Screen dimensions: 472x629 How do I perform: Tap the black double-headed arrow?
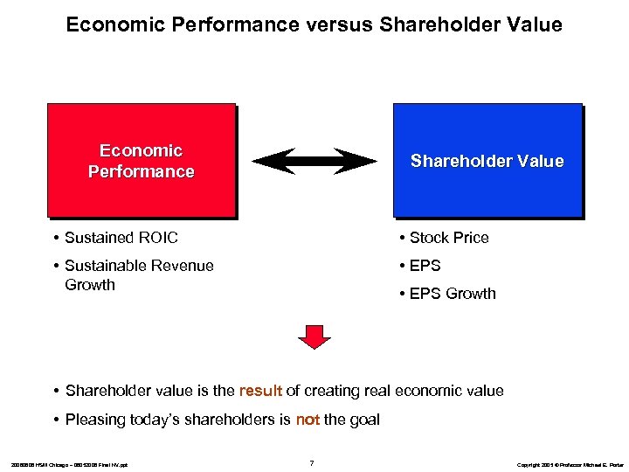tap(314, 162)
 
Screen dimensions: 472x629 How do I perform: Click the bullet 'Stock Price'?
tap(448, 238)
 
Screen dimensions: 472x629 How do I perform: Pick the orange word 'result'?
tap(260, 391)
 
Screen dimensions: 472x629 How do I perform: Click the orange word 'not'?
tap(308, 420)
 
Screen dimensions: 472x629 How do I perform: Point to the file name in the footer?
tap(70, 463)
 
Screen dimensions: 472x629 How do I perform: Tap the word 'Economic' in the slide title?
tap(106, 25)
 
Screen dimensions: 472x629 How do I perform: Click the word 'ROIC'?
tap(157, 238)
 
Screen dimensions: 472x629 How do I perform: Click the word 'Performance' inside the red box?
tap(141, 171)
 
